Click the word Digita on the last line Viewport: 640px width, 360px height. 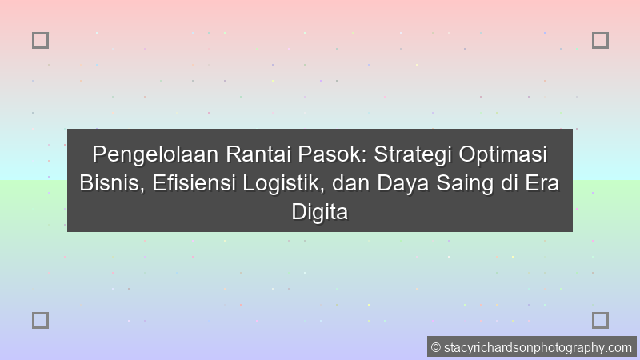pos(320,212)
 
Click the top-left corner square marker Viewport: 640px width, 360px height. pos(40,40)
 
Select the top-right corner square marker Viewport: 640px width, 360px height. pos(600,40)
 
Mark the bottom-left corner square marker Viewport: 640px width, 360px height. pos(40,320)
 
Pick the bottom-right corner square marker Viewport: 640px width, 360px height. pos(600,320)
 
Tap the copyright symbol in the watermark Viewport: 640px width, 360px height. pos(436,347)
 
